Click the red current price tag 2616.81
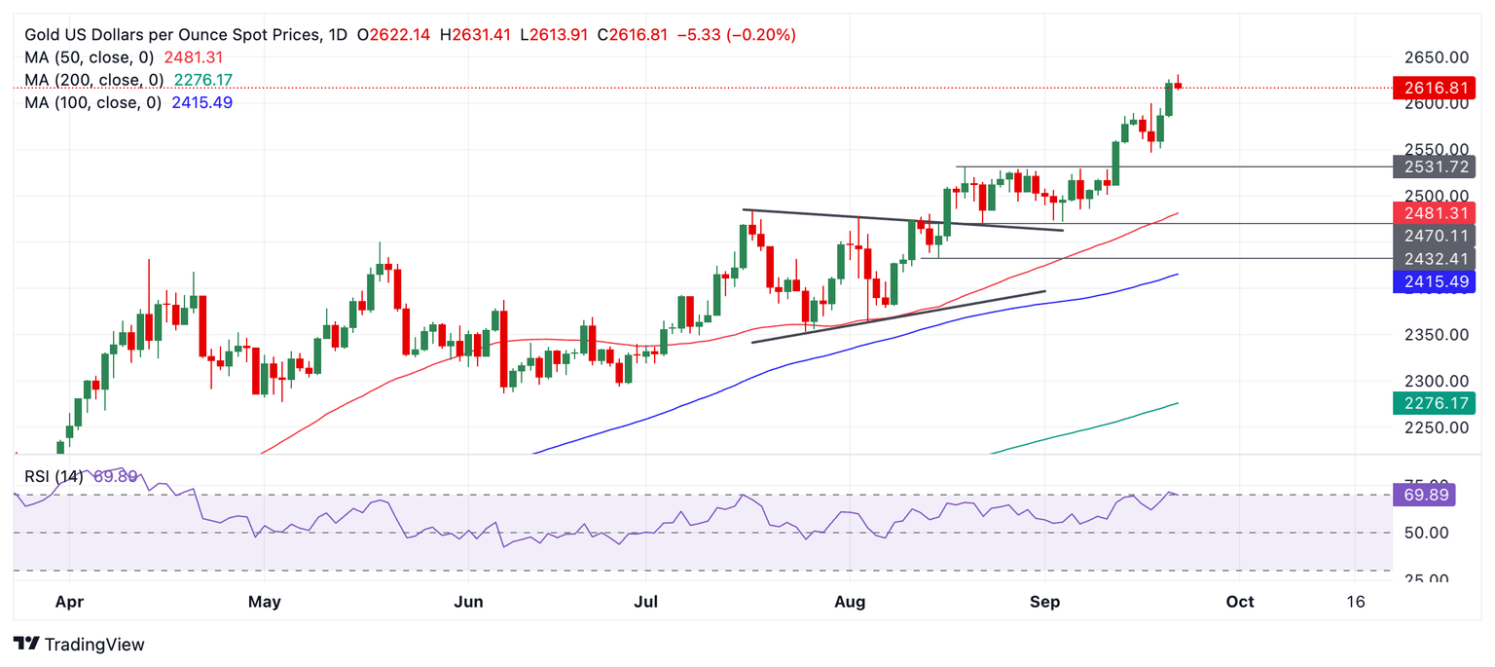click(x=1435, y=88)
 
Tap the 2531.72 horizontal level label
click(x=1435, y=167)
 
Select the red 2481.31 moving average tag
click(x=1435, y=212)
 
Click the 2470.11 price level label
click(x=1435, y=236)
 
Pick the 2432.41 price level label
click(x=1435, y=259)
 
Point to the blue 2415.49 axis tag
click(x=1435, y=282)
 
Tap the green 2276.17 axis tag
click(x=1435, y=402)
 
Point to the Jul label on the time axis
click(x=646, y=602)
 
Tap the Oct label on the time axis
click(x=1240, y=602)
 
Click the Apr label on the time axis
click(x=70, y=602)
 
